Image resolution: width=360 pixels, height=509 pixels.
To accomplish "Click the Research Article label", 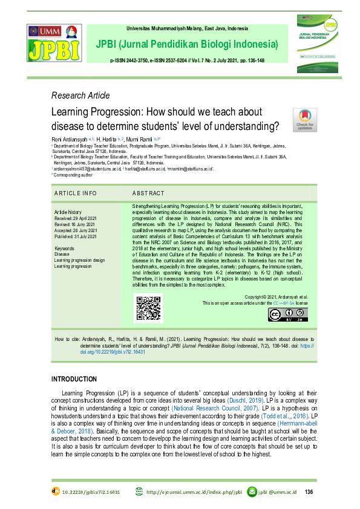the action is pyautogui.click(x=80, y=96).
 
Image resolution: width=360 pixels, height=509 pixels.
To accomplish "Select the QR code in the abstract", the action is pyautogui.click(x=148, y=308).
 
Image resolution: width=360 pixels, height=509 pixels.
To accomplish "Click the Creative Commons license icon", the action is pyautogui.click(x=288, y=315).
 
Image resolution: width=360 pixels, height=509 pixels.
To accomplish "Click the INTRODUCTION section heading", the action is pyautogui.click(x=74, y=379).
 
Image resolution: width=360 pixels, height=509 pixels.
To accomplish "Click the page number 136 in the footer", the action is pyautogui.click(x=309, y=491).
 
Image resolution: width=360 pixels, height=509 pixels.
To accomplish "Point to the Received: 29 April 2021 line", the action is pyautogui.click(x=74, y=218).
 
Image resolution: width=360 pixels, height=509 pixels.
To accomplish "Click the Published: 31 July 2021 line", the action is pyautogui.click(x=75, y=236).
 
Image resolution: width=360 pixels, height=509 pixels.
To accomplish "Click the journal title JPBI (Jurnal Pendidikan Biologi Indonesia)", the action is pyautogui.click(x=186, y=45).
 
